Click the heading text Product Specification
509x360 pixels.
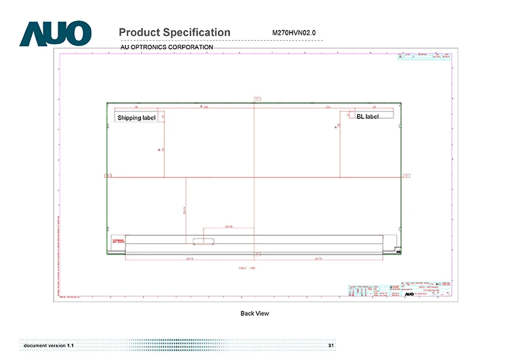coord(174,33)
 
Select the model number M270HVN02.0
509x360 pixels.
coord(294,33)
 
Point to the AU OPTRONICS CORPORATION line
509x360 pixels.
coord(166,47)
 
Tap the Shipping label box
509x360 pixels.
coord(136,118)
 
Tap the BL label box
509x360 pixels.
coord(367,117)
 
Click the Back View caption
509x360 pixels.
coord(254,313)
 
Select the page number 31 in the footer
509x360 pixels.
coord(331,346)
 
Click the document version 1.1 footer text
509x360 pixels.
coord(48,346)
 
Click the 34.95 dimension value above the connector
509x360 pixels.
coord(229,226)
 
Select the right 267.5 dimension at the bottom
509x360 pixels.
coord(318,259)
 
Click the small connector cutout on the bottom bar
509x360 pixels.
coord(202,240)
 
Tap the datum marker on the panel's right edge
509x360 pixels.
coord(406,176)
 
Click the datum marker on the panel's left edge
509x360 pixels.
coord(107,176)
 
